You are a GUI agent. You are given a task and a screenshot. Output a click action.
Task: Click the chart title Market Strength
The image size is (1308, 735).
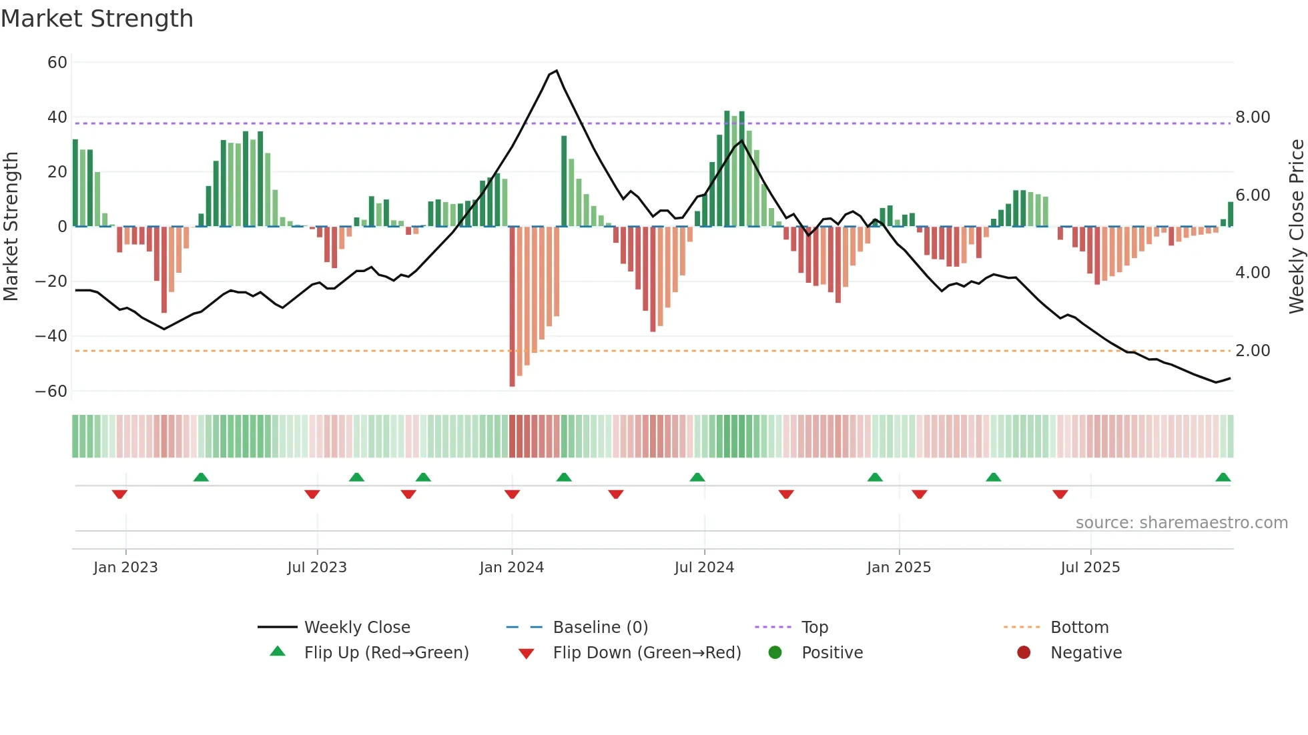coord(97,19)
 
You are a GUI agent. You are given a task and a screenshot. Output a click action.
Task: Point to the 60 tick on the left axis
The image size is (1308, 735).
coord(57,63)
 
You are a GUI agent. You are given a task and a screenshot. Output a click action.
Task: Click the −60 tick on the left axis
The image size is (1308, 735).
coord(51,392)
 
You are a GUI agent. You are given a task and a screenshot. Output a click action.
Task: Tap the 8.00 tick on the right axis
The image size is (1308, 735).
coord(1253,117)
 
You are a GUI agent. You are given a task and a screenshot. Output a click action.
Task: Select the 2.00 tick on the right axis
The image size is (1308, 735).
coord(1253,351)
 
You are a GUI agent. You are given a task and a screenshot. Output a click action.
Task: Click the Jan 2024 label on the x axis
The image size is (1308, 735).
coord(512,568)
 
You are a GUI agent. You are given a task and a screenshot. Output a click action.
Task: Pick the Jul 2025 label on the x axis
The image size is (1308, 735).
coord(1090,568)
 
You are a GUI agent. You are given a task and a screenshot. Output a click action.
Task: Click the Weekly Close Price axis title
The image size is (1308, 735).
coord(1296,227)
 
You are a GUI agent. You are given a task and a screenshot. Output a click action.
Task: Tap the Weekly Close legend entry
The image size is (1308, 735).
coord(357,628)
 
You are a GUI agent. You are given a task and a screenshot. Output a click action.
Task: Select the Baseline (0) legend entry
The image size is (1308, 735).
coord(600,628)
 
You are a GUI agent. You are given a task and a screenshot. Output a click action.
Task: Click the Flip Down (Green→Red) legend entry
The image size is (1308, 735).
coord(647,653)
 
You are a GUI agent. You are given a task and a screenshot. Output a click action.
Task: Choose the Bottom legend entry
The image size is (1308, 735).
coord(1079,628)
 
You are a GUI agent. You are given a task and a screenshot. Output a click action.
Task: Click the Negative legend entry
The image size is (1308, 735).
coord(1086,653)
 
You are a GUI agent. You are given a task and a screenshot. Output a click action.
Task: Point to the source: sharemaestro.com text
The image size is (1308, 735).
coord(1181,523)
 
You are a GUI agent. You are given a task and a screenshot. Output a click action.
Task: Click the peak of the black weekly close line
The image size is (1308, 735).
coord(557,71)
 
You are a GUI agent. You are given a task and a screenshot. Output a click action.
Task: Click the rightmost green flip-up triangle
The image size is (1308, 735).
coord(1223,478)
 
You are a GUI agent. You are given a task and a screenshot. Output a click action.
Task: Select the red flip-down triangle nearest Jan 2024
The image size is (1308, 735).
coord(512,494)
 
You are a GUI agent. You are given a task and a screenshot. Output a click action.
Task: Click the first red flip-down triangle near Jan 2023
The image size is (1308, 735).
coord(119,494)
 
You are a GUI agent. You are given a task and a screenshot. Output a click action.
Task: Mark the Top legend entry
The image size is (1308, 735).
coord(814,628)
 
